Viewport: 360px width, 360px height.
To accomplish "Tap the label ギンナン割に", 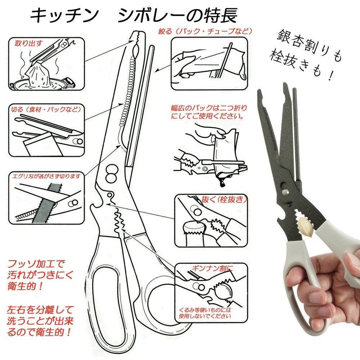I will coord(210,268).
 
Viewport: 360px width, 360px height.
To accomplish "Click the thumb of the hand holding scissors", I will coord(351,262).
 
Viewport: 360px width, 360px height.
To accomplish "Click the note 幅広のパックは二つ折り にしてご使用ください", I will coord(209,112).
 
